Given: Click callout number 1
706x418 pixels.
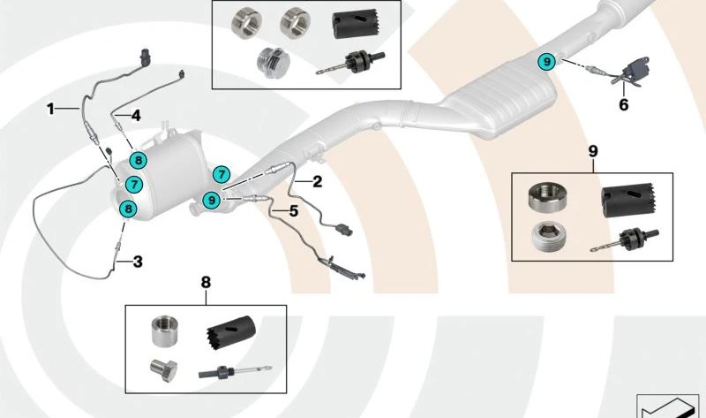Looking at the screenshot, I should [x=51, y=109].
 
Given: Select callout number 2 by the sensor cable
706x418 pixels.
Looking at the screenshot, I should [x=315, y=181].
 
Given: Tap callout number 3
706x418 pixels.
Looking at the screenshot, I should [x=137, y=261].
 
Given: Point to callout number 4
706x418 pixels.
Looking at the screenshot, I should [x=136, y=114].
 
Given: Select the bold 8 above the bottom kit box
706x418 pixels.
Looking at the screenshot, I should [x=206, y=283].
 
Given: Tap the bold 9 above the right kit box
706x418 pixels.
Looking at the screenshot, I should [x=592, y=151].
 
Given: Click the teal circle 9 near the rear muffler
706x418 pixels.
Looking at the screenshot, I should [x=547, y=61].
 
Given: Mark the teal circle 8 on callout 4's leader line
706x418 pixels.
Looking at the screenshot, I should [x=138, y=160].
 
